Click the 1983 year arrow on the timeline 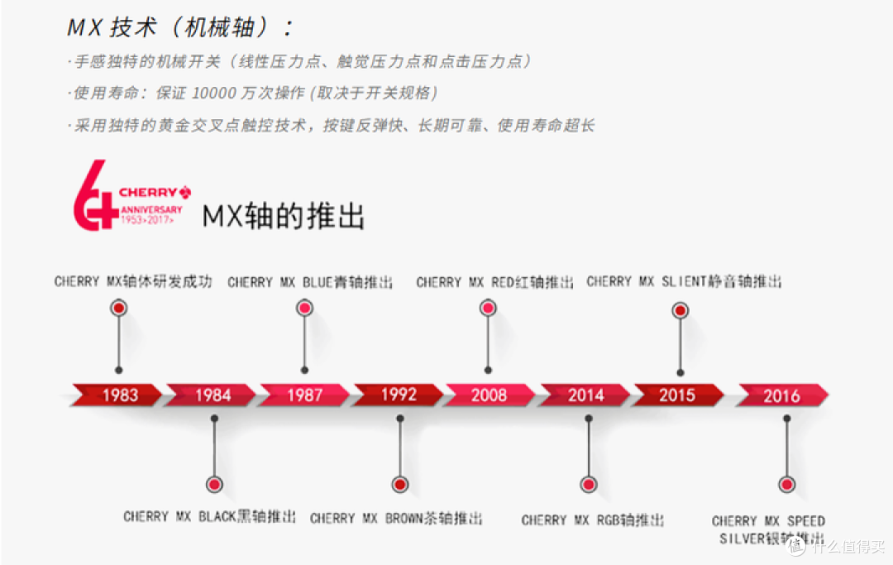click(x=120, y=395)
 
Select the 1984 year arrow click(x=213, y=395)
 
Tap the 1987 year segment click(x=304, y=395)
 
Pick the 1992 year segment click(x=399, y=395)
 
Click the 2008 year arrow click(x=489, y=395)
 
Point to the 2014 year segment click(x=585, y=395)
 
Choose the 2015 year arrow click(x=677, y=395)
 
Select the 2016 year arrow click(x=781, y=396)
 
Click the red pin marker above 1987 click(x=305, y=309)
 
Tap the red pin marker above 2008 click(x=489, y=309)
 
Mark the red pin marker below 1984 click(x=214, y=484)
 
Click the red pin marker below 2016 click(x=786, y=485)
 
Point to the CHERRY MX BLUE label click(x=311, y=282)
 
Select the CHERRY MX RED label click(x=494, y=282)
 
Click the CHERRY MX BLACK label click(x=209, y=517)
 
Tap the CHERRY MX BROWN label click(x=396, y=519)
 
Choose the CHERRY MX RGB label click(x=593, y=520)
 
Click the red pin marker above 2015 click(x=680, y=311)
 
